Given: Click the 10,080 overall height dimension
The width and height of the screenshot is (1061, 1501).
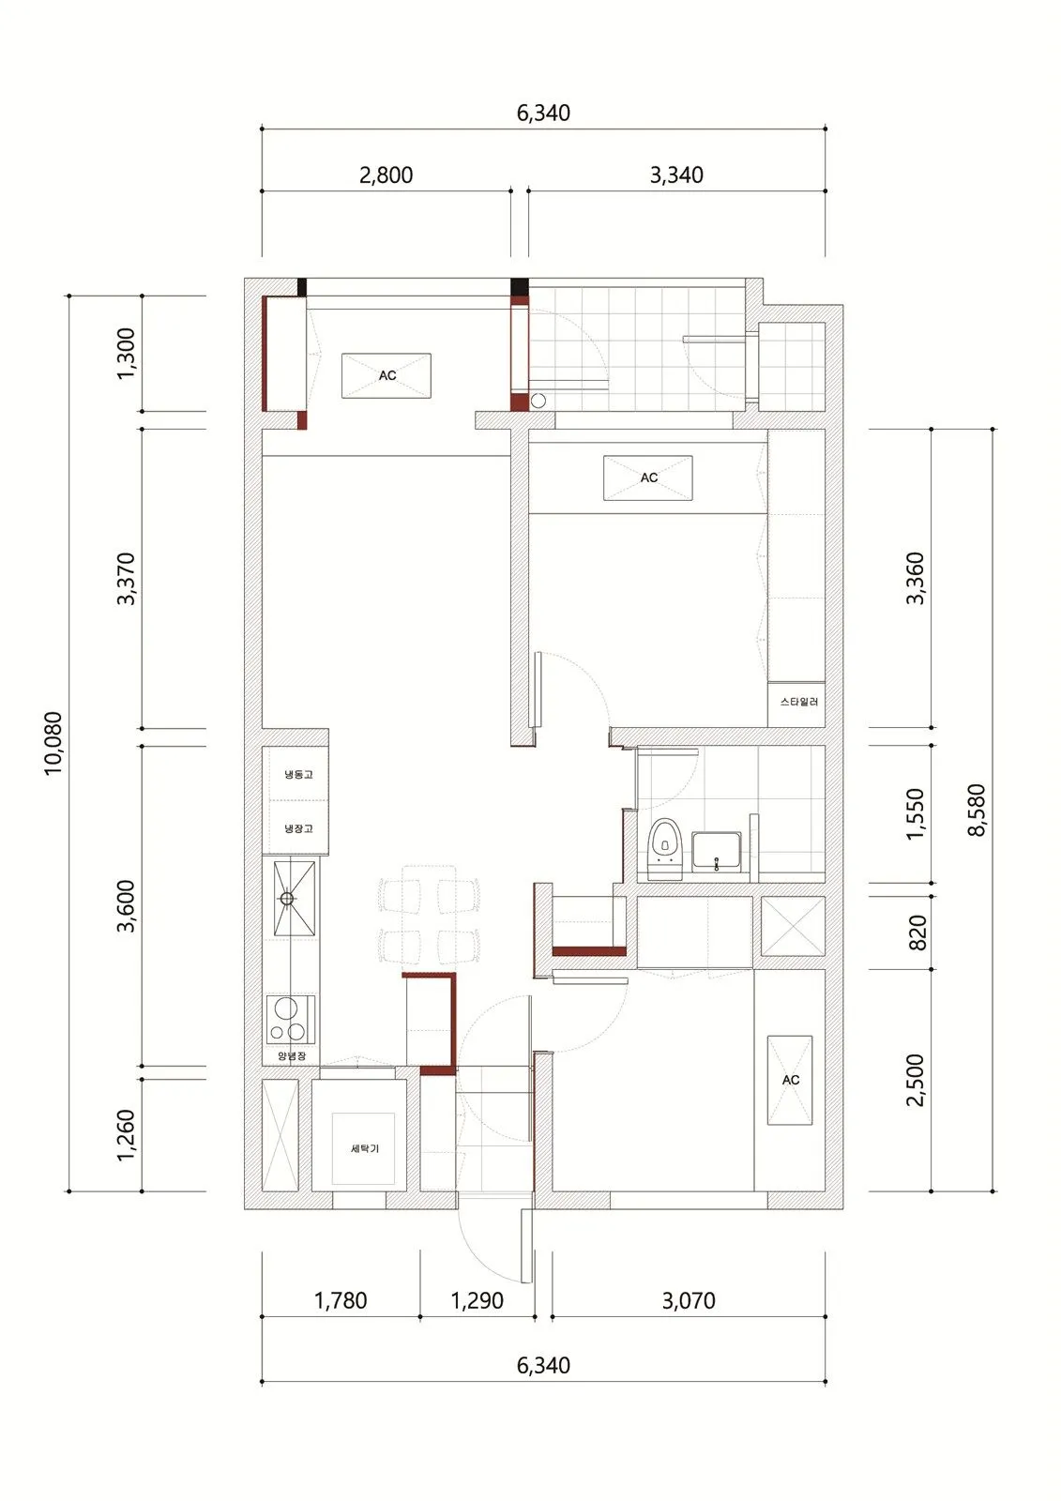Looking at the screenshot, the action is coord(53,743).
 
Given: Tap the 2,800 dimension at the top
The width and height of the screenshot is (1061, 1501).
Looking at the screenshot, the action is coord(387,174).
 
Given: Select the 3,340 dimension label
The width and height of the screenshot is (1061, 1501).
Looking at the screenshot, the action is coord(676,174).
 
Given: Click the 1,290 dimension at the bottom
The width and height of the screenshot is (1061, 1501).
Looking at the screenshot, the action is coord(477,1300).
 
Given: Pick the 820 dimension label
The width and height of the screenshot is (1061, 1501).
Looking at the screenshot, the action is coord(917,932).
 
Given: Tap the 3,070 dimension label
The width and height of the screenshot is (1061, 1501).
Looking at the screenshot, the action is coord(689,1300).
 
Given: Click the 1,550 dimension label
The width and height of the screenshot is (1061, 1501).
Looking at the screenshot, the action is coord(915,813).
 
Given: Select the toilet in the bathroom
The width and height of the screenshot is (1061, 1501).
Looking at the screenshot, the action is coord(665,848).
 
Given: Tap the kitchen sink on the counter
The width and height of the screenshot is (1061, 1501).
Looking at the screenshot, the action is coord(294,898).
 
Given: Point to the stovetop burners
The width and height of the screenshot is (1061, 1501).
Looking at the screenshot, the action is coord(291,1019).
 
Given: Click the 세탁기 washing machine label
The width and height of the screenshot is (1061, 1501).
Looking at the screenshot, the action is coord(365,1148).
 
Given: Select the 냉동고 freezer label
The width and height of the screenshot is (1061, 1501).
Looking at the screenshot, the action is coord(298,774).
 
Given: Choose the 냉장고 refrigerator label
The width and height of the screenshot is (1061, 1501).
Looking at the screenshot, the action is coord(298,828).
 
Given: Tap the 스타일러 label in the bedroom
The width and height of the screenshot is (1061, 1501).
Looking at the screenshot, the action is coord(798,702).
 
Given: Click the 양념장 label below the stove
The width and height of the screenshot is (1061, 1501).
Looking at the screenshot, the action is coord(292,1056).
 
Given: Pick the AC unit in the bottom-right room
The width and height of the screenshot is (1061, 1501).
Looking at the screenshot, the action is coord(790,1080).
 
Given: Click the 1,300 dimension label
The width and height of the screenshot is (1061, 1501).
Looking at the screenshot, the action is coord(126,353).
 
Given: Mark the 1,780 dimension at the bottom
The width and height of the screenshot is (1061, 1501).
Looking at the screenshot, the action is coord(341,1300).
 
